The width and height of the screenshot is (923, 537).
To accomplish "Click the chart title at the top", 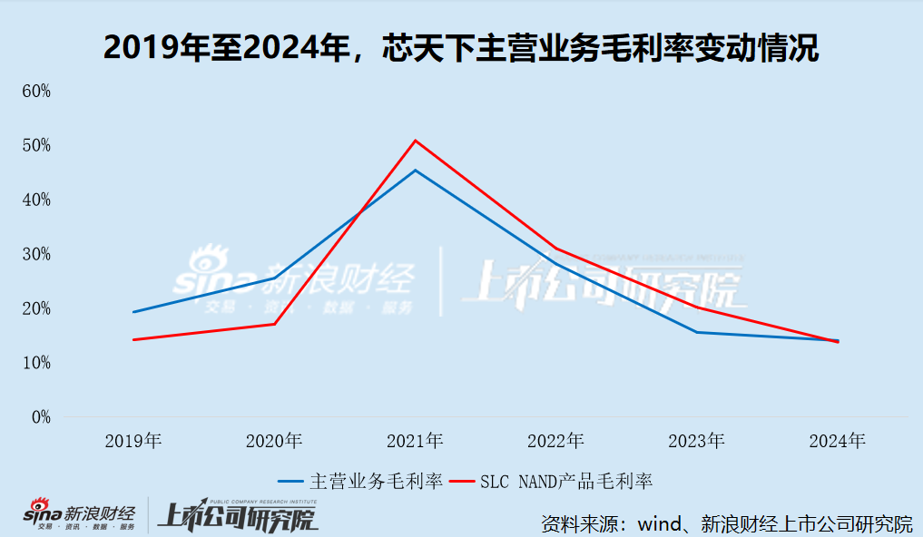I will point(461,48).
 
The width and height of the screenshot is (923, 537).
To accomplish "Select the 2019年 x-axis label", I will point(133,442).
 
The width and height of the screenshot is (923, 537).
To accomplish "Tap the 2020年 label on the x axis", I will point(274,442).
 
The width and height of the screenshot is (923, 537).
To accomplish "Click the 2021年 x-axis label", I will point(415,442).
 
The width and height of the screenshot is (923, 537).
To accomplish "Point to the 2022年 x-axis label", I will point(555,442).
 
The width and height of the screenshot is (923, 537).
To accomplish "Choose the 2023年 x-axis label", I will point(697,442).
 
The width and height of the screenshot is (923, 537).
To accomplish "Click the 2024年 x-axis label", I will point(838,442).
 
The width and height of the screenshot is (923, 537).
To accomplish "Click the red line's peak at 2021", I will point(415,141).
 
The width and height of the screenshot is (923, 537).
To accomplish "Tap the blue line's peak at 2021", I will point(415,171).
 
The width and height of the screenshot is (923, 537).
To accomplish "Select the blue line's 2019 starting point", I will point(133,312).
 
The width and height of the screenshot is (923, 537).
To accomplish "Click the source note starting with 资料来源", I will point(726,523).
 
